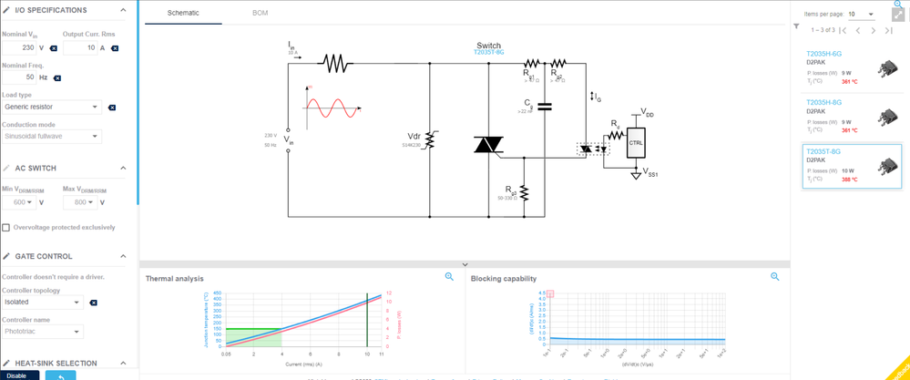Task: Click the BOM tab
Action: pos(260,15)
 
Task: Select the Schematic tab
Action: pos(182,15)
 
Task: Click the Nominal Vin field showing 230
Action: pos(22,47)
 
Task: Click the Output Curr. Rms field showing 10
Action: pos(80,47)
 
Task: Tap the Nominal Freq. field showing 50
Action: pos(22,77)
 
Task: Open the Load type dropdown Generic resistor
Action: pos(51,107)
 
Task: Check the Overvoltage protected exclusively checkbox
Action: pos(6,227)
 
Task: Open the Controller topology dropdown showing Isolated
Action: pos(42,302)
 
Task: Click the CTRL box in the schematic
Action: pos(636,143)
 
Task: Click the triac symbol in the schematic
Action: pos(488,144)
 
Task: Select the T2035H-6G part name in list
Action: pos(823,54)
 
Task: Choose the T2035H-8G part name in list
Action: pos(823,103)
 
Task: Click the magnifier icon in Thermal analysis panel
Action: pos(449,277)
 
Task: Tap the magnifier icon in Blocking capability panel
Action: pos(775,277)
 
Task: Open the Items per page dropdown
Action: pos(861,15)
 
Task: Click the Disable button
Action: pos(18,375)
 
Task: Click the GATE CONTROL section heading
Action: pos(44,256)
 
